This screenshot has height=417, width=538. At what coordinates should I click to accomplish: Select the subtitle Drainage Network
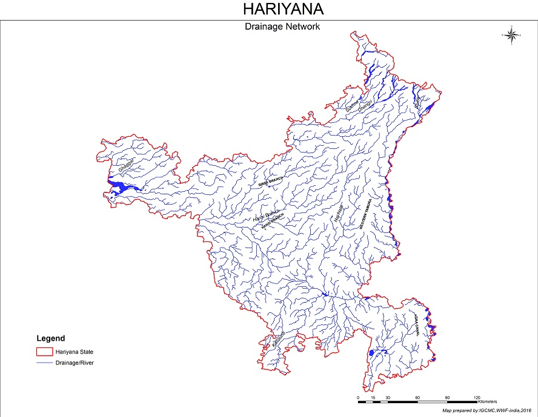(282, 27)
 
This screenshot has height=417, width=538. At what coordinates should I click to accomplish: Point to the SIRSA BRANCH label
(271, 183)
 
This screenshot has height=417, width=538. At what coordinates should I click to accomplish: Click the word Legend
(51, 338)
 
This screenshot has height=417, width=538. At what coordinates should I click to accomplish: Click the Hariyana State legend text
(75, 352)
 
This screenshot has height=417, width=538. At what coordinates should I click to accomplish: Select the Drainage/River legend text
(75, 363)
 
